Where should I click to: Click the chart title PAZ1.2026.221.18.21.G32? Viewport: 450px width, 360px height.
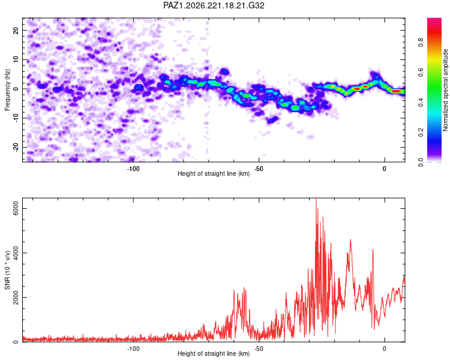(x=214, y=5)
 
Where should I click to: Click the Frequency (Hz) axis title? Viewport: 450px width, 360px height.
(x=7, y=90)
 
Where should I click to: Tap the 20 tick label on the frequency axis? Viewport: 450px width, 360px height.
(x=16, y=30)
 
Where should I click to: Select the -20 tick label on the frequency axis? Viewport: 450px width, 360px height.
(x=16, y=148)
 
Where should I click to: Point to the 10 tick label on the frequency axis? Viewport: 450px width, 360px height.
(x=16, y=59)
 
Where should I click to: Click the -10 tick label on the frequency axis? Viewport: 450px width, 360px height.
(x=16, y=118)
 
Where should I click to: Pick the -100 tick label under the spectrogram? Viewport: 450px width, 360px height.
(x=133, y=169)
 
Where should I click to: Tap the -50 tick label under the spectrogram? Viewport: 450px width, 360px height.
(x=259, y=169)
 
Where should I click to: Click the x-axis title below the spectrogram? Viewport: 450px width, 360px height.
(x=214, y=173)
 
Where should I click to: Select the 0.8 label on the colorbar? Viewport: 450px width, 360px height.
(x=421, y=43)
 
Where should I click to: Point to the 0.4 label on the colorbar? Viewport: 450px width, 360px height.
(x=421, y=102)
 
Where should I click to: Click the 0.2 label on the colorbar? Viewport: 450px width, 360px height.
(x=421, y=133)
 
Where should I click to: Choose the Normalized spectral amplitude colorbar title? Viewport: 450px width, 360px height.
(x=445, y=90)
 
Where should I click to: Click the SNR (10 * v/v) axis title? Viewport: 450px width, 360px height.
(x=7, y=270)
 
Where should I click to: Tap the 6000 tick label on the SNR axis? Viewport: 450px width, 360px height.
(x=16, y=208)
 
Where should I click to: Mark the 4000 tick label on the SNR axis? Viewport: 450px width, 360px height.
(x=16, y=253)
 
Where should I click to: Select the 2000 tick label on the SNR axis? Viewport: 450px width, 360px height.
(x=16, y=298)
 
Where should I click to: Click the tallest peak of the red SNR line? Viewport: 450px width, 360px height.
(x=316, y=199)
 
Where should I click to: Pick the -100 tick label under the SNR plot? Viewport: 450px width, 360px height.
(x=133, y=349)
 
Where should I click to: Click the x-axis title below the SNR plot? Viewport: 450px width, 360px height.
(x=214, y=353)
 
